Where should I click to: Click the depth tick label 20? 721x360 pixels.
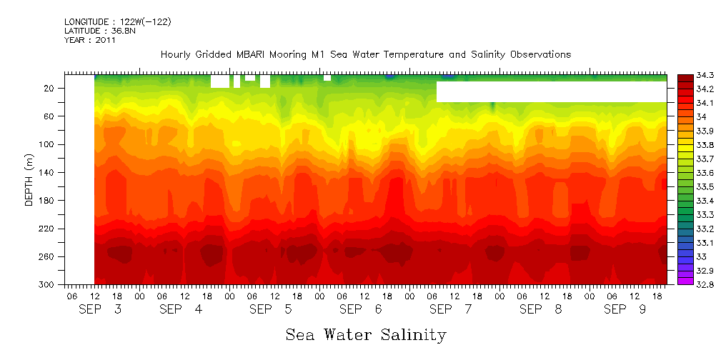[50, 88]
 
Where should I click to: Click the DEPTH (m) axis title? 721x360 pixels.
[29, 179]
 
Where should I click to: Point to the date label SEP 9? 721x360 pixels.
[627, 309]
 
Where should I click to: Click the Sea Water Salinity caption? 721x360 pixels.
[366, 334]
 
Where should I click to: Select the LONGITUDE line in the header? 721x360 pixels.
[118, 22]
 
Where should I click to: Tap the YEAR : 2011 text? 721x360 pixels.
[90, 40]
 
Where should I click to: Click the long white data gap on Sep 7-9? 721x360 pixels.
[551, 91]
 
